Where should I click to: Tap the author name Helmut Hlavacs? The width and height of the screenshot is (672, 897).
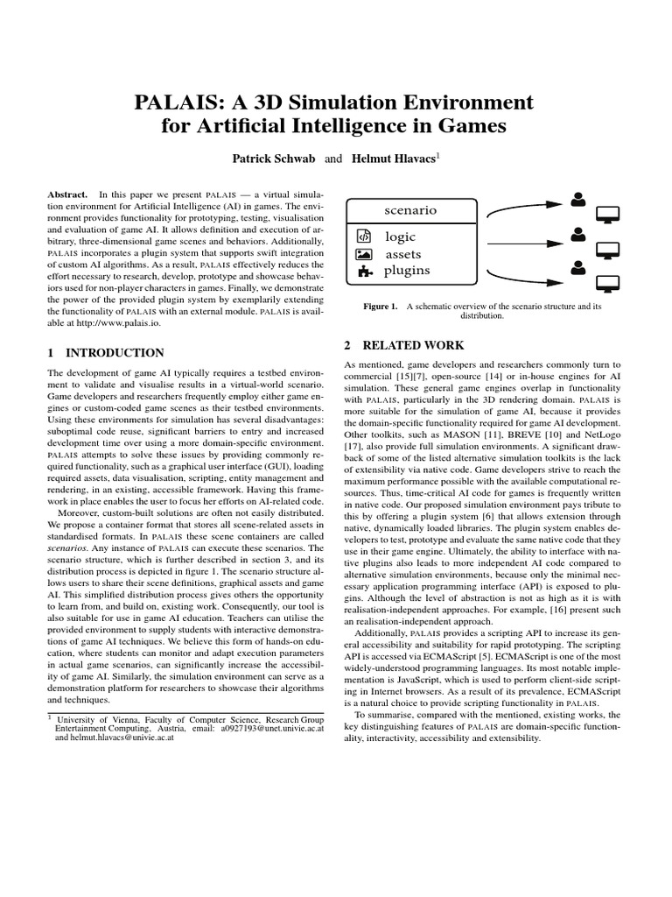click(x=392, y=159)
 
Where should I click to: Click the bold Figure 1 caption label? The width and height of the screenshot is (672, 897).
click(x=381, y=307)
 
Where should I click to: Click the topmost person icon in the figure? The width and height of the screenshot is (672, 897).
click(x=577, y=199)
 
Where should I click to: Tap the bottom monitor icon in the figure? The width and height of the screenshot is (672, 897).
click(x=607, y=282)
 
